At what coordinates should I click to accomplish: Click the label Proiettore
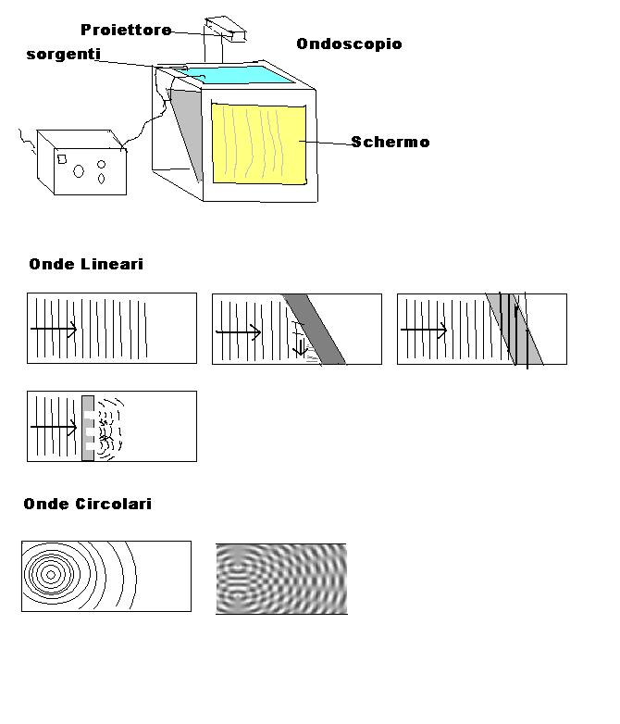click(126, 30)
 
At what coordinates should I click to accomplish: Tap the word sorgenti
click(63, 55)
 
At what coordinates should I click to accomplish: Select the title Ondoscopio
click(349, 44)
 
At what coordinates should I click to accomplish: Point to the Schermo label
click(391, 142)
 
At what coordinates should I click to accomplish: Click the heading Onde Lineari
click(86, 264)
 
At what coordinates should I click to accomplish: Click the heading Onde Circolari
click(87, 504)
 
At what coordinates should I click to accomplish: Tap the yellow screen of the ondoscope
click(258, 144)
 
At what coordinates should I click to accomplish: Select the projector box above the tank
click(226, 29)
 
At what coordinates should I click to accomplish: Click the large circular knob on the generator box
click(79, 171)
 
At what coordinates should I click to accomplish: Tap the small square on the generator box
click(62, 159)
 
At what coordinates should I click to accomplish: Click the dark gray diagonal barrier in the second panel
click(314, 329)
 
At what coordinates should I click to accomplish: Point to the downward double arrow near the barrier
click(300, 348)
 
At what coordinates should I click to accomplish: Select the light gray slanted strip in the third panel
click(515, 329)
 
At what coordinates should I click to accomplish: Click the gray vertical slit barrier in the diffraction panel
click(88, 428)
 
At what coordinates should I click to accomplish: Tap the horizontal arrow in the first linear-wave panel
click(54, 329)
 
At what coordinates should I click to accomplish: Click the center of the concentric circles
click(51, 575)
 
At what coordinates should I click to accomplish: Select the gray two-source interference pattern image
click(281, 579)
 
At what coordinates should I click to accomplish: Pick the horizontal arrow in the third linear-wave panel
click(424, 330)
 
